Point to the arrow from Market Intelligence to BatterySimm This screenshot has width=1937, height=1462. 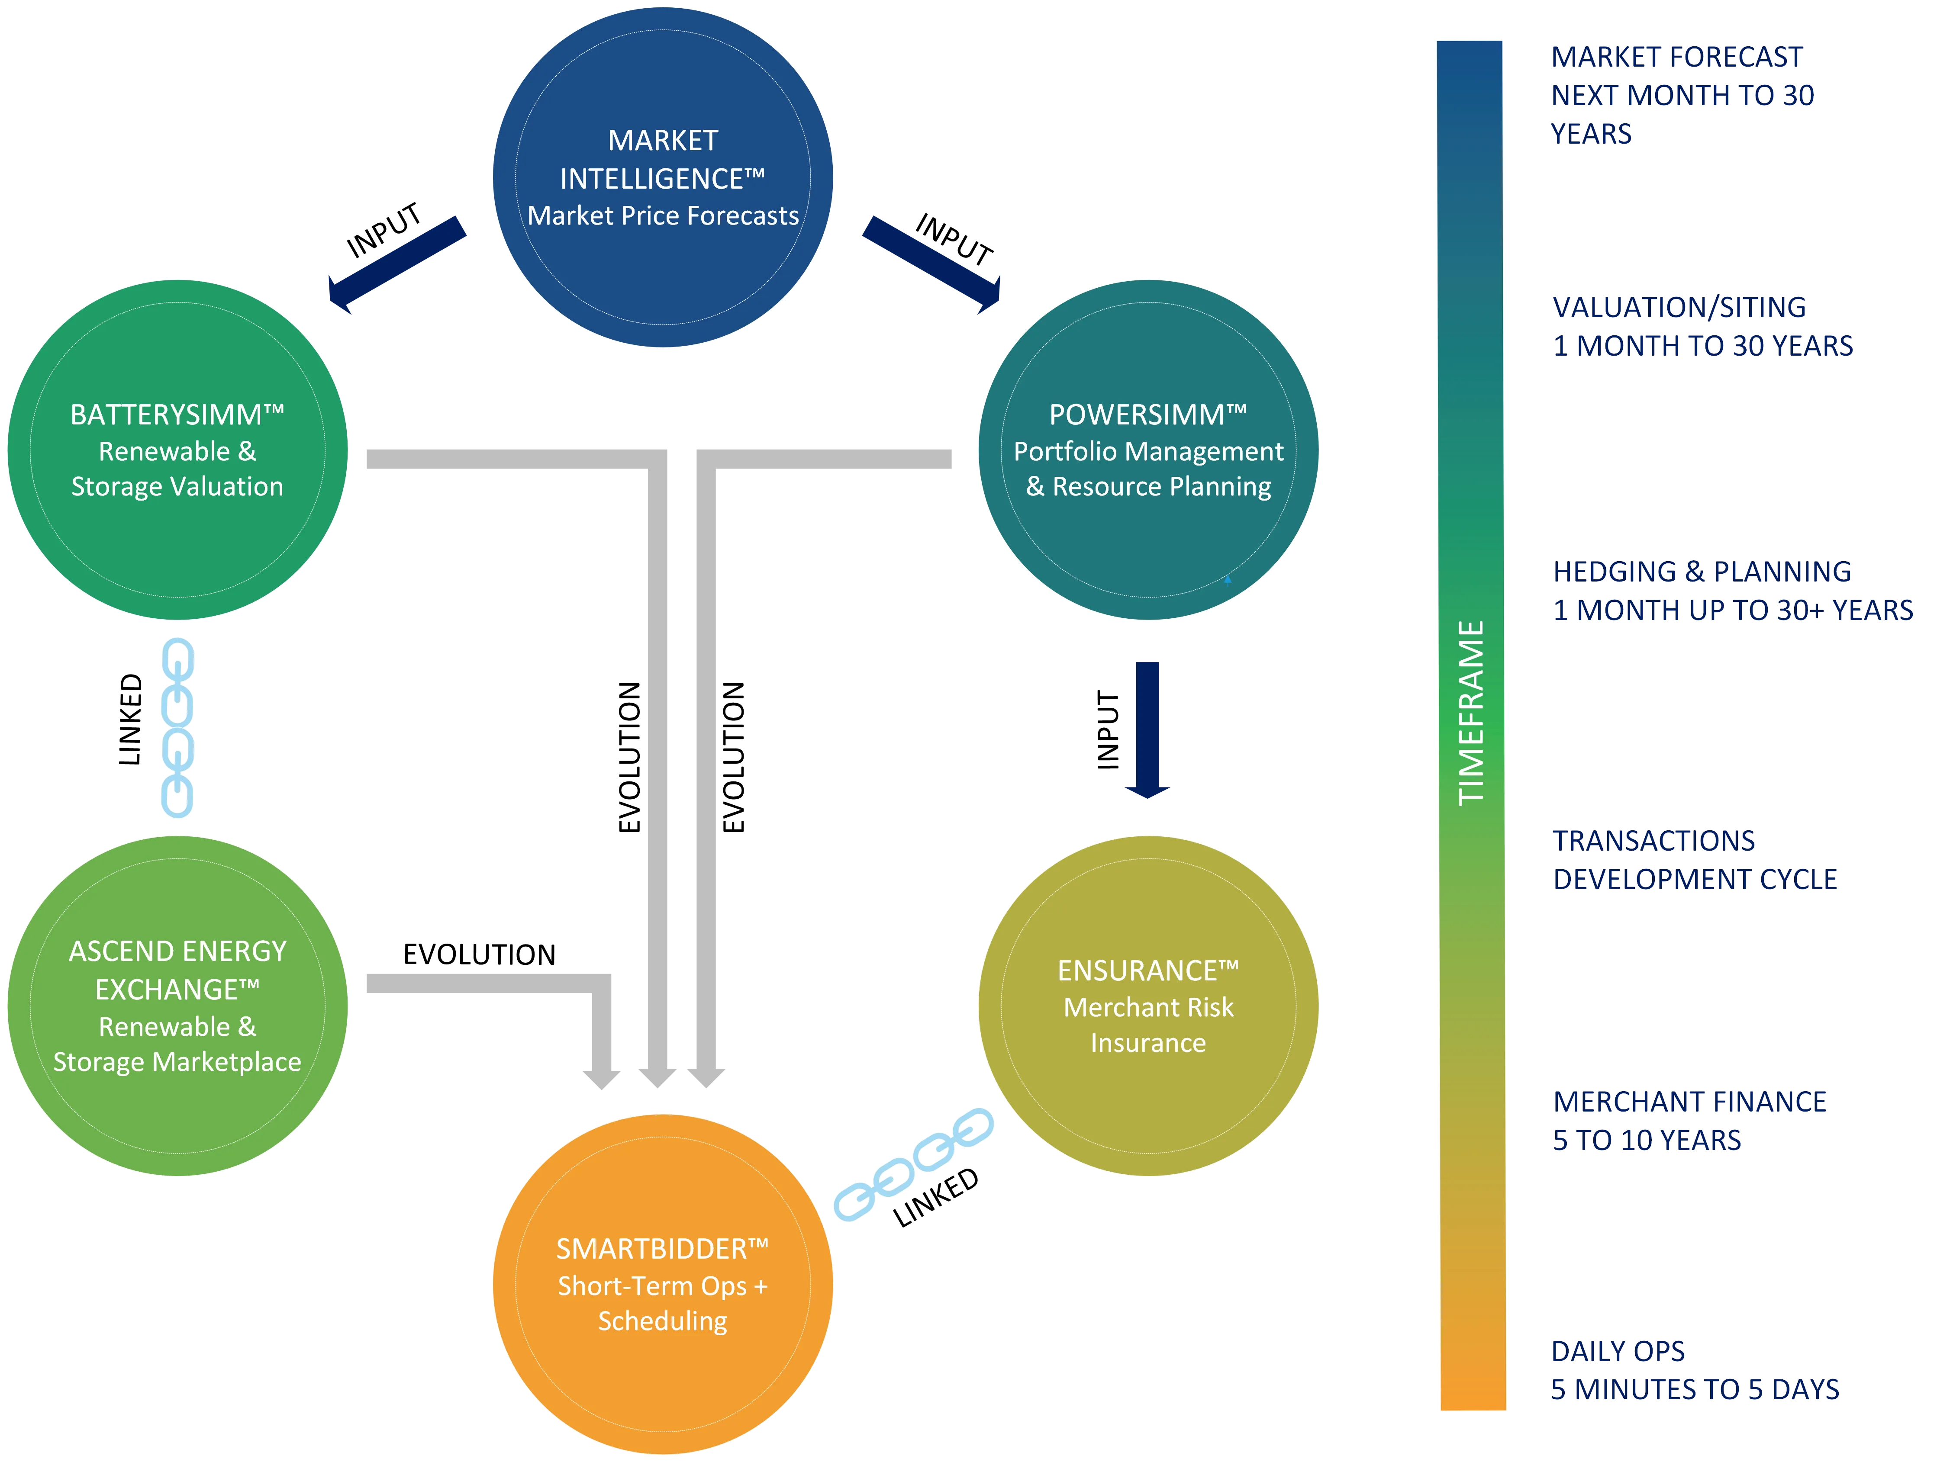pyautogui.click(x=396, y=263)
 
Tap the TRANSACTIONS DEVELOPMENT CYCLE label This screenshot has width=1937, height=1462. pyautogui.click(x=1695, y=860)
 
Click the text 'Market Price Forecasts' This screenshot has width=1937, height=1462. pyautogui.click(x=663, y=215)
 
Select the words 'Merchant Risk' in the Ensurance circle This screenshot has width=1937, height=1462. pyautogui.click(x=1148, y=1008)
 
